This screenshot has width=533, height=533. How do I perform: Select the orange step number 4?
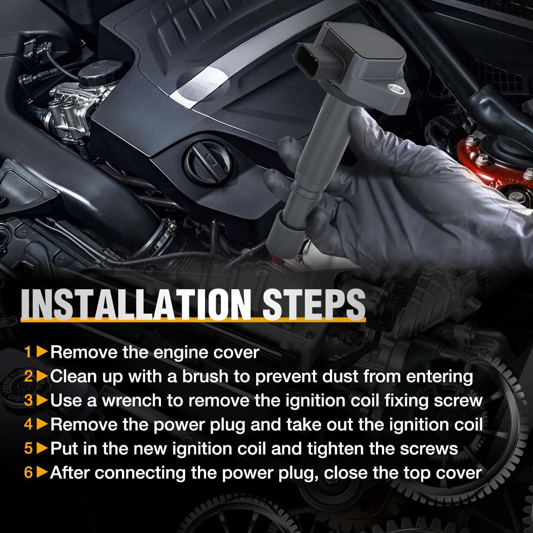(28, 425)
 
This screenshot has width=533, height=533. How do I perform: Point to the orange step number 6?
(28, 473)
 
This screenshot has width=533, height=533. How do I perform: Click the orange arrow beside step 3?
(42, 400)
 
